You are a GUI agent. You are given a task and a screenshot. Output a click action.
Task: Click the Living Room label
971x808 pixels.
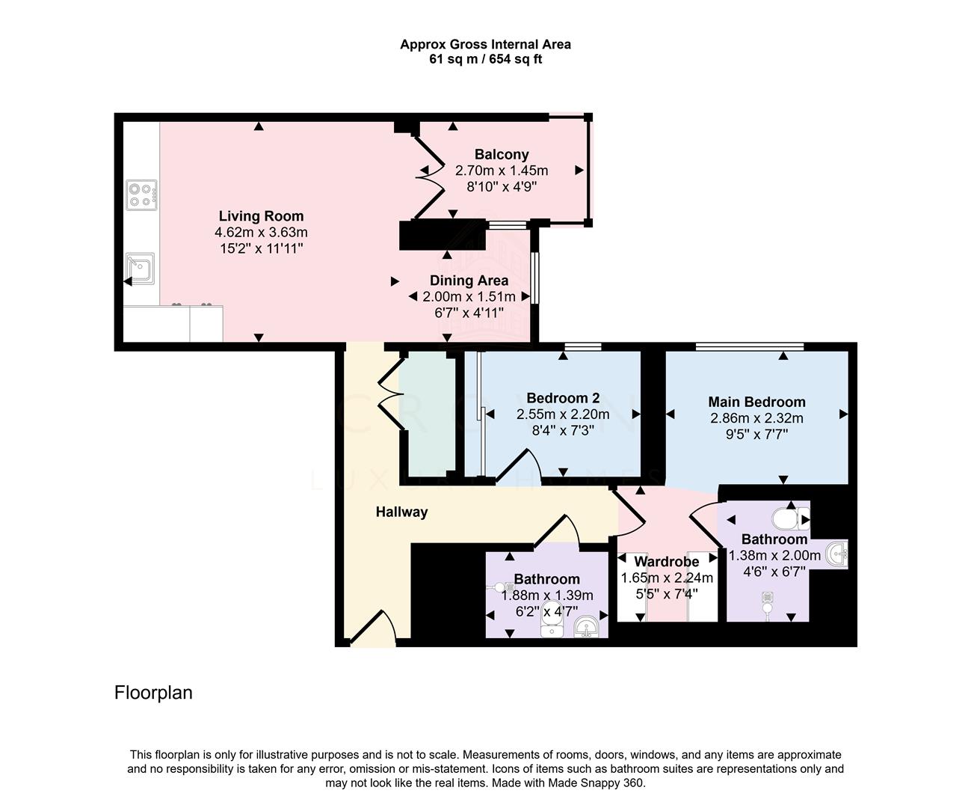261,216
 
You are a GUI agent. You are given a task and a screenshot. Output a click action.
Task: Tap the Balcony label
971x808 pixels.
502,154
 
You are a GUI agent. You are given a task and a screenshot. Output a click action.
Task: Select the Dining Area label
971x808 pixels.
469,281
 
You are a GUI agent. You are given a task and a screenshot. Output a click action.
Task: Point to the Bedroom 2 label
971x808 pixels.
563,398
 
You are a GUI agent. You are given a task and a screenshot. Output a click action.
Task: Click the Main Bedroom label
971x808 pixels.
756,402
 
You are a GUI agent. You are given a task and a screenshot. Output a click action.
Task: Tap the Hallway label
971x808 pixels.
402,512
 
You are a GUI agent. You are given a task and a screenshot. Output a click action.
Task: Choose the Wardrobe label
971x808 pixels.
667,562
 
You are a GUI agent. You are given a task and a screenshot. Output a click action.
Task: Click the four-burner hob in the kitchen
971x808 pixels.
141,195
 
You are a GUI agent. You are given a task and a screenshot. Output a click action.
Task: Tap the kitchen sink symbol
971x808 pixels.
140,269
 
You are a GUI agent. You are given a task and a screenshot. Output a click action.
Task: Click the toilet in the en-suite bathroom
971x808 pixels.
790,518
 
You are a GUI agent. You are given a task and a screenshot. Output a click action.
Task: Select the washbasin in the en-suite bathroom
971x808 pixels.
836,554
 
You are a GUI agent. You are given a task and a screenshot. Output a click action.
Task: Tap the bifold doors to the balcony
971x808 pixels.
429,176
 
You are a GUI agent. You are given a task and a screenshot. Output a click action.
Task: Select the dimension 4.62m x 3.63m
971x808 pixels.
261,232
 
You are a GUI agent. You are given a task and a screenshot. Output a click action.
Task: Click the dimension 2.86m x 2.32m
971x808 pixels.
756,418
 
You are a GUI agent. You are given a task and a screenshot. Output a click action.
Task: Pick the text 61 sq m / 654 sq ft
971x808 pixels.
486,59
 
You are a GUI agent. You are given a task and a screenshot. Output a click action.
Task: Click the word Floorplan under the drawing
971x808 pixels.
153,693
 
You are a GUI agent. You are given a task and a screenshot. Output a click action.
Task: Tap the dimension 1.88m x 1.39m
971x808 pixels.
547,596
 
